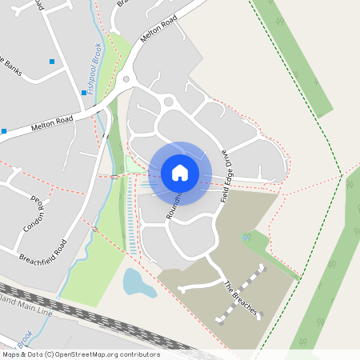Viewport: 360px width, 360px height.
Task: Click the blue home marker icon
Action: tap(180, 172)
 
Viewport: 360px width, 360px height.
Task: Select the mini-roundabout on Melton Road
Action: tap(126, 79)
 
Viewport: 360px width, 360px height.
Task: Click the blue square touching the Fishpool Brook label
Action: tap(84, 93)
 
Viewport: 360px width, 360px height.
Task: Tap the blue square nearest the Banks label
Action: tap(53, 62)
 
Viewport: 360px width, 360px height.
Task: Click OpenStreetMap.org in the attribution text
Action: tap(90, 354)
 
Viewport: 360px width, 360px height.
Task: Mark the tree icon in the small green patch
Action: tap(246, 238)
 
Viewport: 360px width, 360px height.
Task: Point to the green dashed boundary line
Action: tap(304, 96)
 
